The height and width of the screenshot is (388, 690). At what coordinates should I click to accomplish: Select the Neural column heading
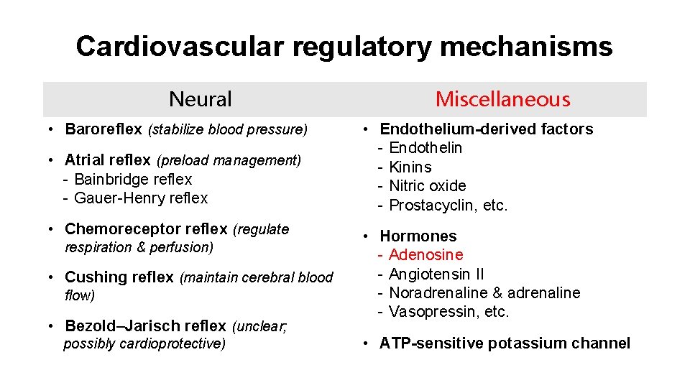200,99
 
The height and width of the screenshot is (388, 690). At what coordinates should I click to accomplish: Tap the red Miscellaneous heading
502,99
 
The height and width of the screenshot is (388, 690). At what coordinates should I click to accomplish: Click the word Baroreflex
103,129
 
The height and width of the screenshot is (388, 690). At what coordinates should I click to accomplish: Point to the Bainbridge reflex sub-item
133,179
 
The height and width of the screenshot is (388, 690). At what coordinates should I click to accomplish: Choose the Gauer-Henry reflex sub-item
140,198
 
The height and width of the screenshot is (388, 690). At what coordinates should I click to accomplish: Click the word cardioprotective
173,343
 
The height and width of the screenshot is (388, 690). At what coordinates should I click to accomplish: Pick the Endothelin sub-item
425,148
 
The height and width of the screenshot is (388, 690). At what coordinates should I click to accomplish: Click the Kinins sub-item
410,167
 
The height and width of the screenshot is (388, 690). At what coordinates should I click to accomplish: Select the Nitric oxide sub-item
428,185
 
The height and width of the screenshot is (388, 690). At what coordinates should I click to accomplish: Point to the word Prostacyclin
431,205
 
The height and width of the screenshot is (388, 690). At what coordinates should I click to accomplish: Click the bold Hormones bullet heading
418,236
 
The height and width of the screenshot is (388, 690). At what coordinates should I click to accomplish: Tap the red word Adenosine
426,254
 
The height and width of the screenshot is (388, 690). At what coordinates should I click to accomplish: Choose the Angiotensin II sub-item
436,274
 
